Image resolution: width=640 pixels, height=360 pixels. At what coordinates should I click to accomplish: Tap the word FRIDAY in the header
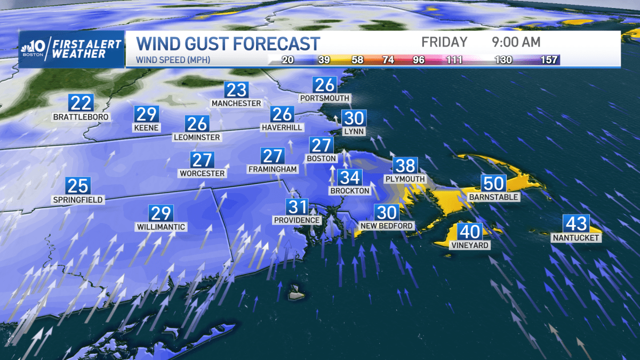[x=444, y=42]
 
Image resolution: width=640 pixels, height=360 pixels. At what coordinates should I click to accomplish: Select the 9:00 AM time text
[x=516, y=42]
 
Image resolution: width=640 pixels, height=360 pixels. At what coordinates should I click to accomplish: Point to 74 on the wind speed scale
[x=388, y=60]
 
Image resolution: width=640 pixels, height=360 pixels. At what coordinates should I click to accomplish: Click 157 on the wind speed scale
[x=549, y=60]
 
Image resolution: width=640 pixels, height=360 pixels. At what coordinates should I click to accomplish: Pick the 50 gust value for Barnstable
[x=493, y=183]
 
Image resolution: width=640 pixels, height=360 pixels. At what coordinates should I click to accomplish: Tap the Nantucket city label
[x=576, y=238]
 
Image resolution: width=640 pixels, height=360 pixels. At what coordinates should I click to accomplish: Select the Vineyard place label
[x=469, y=245]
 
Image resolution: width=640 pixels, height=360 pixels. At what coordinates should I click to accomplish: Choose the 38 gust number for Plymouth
[x=405, y=166]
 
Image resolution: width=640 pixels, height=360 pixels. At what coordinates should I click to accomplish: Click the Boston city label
[x=322, y=158]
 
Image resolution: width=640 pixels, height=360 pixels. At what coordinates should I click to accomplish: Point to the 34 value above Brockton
[x=350, y=178]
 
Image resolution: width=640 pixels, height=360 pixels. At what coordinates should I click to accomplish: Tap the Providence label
[x=297, y=220]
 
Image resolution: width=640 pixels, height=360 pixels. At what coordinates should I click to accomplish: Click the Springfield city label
[x=78, y=200]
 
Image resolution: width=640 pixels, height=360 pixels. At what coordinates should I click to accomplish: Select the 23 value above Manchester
[x=236, y=90]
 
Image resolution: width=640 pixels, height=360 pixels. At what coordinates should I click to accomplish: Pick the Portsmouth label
[x=324, y=98]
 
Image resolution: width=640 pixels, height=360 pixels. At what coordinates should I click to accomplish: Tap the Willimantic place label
[x=160, y=227]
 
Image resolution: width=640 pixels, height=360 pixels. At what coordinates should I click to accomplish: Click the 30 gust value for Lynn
[x=354, y=118]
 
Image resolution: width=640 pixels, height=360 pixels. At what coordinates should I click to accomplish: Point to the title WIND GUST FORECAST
[x=228, y=43]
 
